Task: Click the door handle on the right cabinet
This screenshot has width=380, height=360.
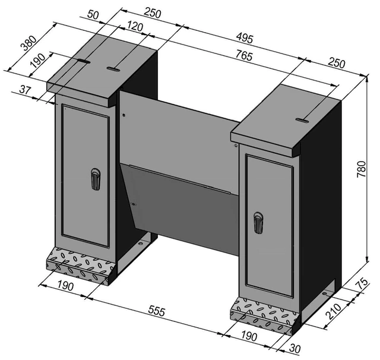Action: pyautogui.click(x=257, y=223)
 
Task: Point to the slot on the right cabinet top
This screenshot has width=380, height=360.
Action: pyautogui.click(x=302, y=120)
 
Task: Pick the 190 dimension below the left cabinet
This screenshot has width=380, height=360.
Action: pyautogui.click(x=66, y=287)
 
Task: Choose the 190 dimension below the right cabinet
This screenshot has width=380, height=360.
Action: pyautogui.click(x=249, y=337)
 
